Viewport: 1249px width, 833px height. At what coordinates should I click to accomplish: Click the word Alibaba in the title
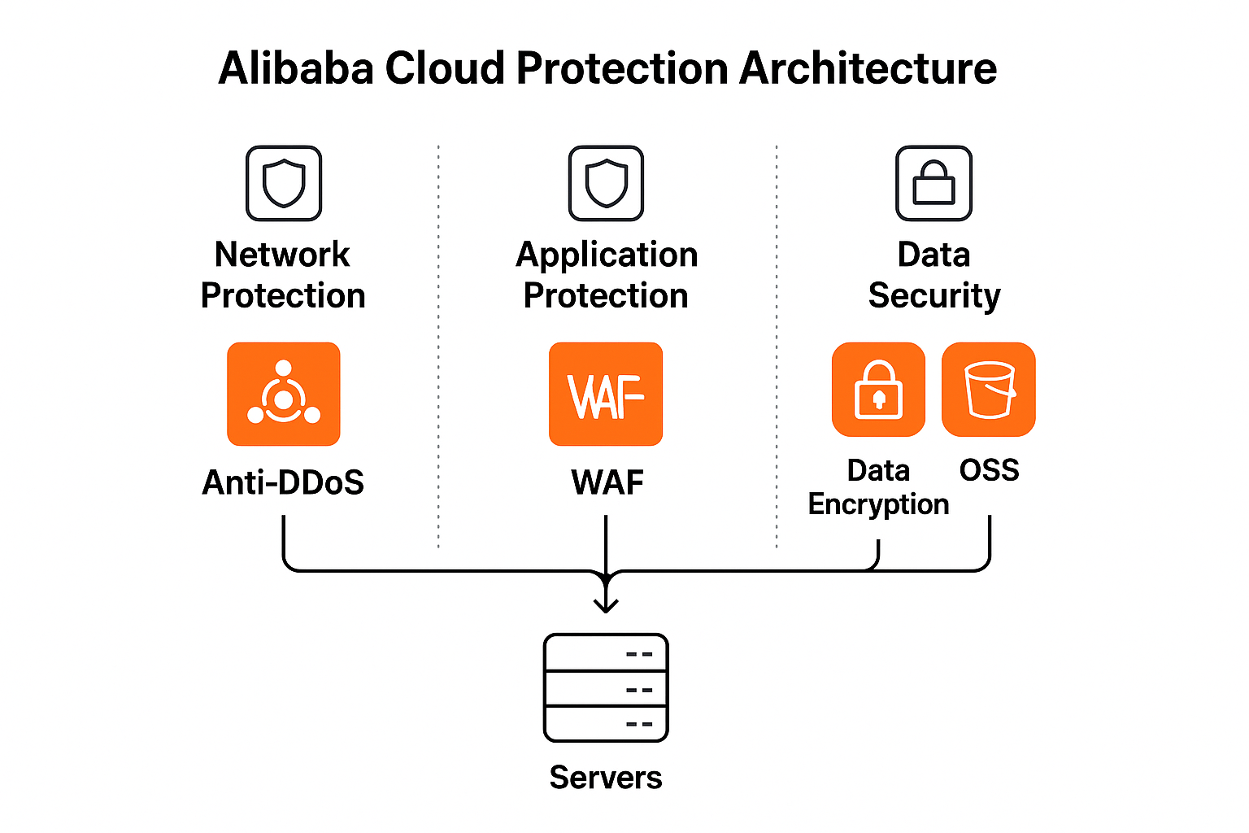[x=296, y=68]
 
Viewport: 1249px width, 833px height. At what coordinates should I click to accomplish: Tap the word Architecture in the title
[x=868, y=68]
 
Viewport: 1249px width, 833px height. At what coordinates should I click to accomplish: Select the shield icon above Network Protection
[x=284, y=183]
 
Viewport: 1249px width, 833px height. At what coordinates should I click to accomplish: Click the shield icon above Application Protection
[x=606, y=183]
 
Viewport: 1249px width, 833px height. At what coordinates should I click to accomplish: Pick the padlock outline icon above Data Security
[x=933, y=183]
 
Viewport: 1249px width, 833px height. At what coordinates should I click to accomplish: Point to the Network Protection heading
[x=283, y=275]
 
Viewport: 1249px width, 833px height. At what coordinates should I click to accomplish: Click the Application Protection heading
[x=607, y=275]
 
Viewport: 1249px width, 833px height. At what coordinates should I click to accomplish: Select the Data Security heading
[x=934, y=275]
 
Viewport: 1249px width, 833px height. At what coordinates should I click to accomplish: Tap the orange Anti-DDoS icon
[x=283, y=394]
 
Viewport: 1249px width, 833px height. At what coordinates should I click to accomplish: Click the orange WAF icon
[x=606, y=394]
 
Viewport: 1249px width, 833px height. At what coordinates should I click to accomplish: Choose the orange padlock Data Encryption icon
[x=878, y=389]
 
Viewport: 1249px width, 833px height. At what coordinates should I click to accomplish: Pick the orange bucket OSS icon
[x=988, y=389]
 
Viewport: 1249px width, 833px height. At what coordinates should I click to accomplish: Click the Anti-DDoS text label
[x=283, y=482]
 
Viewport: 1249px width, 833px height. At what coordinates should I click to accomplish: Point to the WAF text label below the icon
[x=607, y=482]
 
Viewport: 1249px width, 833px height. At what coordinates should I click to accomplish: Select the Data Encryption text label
[x=878, y=487]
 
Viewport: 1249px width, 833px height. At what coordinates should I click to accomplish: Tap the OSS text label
[x=989, y=470]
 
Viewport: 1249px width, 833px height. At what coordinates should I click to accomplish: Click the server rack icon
[x=606, y=688]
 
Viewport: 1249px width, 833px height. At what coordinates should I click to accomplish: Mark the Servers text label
[x=606, y=778]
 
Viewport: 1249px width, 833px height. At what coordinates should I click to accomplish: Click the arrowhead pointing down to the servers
[x=606, y=604]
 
